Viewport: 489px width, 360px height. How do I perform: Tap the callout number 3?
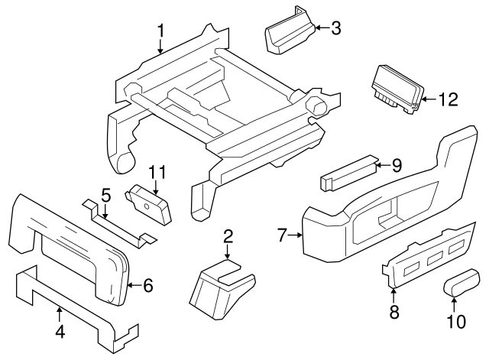[336, 29]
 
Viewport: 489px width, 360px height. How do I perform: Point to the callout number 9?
[397, 164]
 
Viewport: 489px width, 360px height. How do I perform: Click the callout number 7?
[281, 235]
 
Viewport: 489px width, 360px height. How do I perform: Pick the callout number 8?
[394, 311]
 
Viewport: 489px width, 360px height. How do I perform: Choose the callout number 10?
[455, 322]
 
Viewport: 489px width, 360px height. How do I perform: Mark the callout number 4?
[59, 332]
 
